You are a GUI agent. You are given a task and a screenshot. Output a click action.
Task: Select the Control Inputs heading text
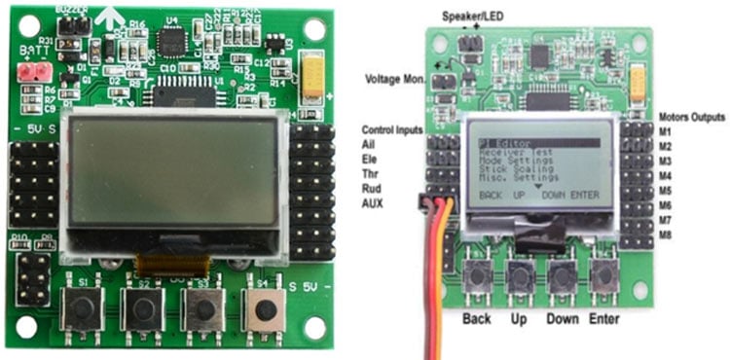[391, 129]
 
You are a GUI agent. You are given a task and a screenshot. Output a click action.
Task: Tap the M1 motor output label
[667, 131]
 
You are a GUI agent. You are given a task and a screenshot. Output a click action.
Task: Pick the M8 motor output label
[667, 234]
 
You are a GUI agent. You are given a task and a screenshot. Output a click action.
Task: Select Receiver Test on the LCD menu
[514, 153]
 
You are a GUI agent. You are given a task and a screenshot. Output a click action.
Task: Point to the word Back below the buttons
[477, 319]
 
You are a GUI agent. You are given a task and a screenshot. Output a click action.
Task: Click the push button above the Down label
[562, 277]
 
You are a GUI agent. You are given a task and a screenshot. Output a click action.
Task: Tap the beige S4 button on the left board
[263, 309]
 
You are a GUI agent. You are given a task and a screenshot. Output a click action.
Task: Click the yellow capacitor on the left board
[313, 75]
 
